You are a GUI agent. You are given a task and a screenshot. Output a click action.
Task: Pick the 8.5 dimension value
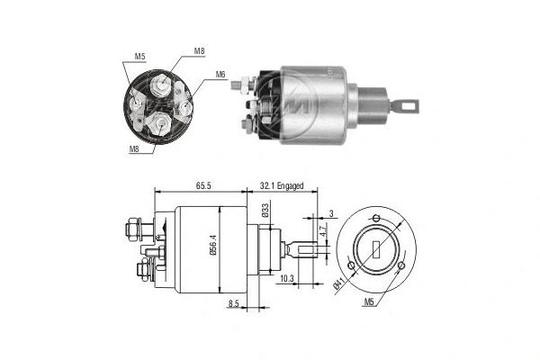pyautogui.click(x=234, y=304)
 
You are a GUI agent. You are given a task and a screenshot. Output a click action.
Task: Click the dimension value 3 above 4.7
pyautogui.click(x=330, y=212)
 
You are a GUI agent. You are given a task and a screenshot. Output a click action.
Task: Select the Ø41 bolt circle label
pyautogui.click(x=339, y=286)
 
